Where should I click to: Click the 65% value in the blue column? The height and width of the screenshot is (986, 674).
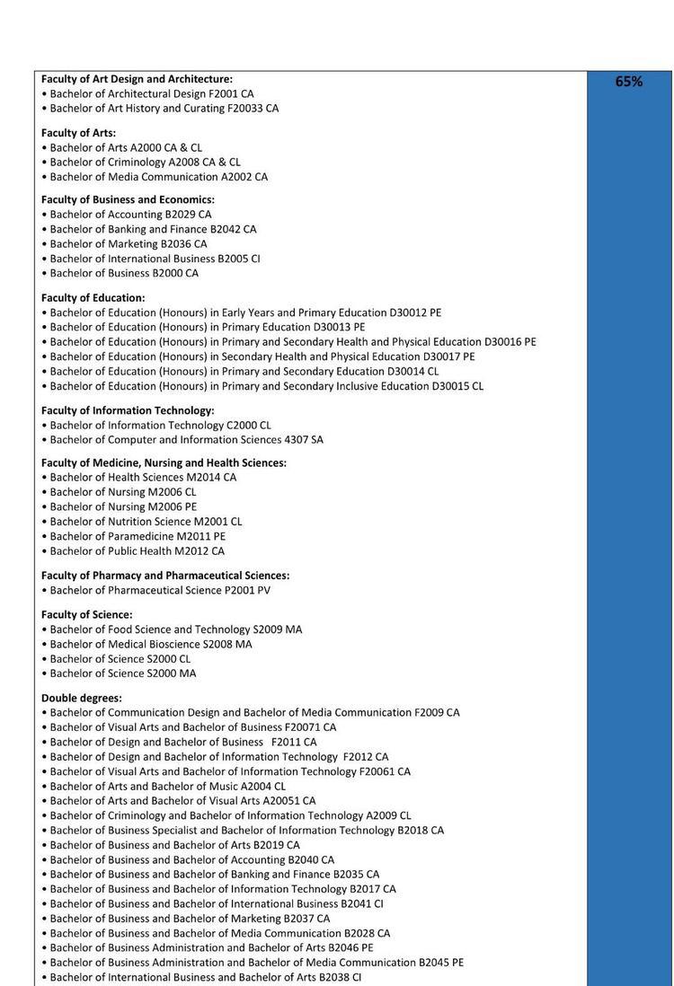[x=628, y=82]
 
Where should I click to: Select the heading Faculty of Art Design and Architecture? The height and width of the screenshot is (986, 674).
[x=137, y=79]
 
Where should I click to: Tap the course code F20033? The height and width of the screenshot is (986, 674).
[x=244, y=109]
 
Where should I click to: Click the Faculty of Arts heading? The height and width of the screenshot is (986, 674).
[x=78, y=133]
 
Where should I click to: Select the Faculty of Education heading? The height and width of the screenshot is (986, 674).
[x=93, y=298]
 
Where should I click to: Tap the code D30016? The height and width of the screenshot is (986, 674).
[x=503, y=342]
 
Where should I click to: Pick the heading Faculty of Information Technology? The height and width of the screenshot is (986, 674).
[x=128, y=410]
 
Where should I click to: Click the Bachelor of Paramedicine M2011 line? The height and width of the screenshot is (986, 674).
[x=137, y=536]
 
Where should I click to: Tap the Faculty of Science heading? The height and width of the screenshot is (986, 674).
[x=86, y=615]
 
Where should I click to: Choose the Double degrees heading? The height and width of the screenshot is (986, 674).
[x=82, y=698]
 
